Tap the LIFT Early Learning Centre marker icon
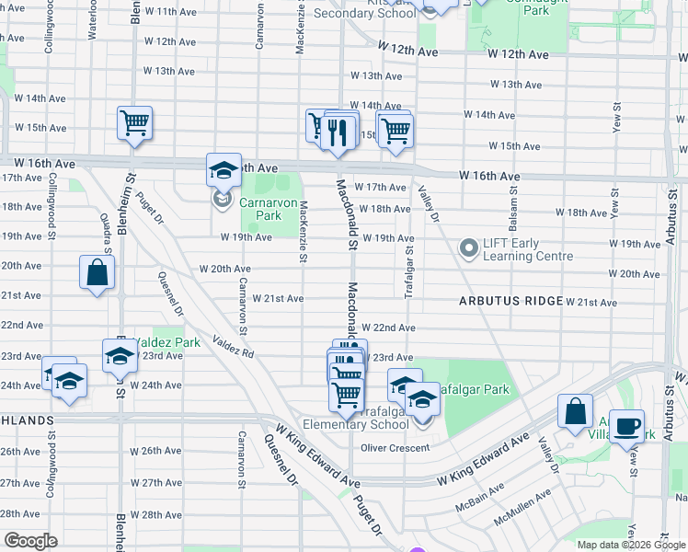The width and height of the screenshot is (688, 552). click(x=469, y=248)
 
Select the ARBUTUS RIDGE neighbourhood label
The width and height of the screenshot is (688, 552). click(x=510, y=301)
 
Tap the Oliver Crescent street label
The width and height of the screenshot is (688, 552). click(x=395, y=448)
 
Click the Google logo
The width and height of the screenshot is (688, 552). click(x=30, y=541)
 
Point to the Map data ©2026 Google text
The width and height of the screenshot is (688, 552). click(x=630, y=545)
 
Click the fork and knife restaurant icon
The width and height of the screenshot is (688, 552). click(x=339, y=132)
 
